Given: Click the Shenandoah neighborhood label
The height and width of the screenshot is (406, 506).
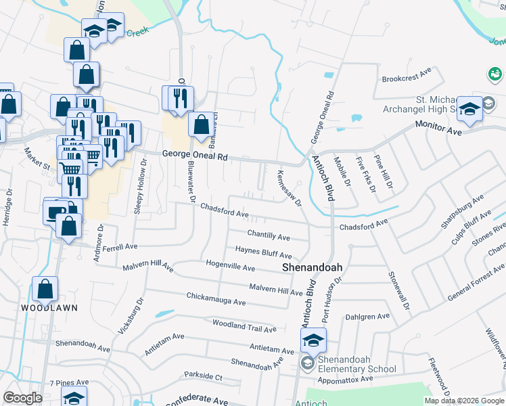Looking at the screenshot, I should tap(312, 267).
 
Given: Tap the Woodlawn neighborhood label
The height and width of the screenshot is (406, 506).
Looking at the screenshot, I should tap(49, 307).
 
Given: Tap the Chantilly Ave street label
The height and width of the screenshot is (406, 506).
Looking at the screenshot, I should tap(268, 237).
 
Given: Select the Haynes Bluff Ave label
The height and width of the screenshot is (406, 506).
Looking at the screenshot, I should tap(263, 252).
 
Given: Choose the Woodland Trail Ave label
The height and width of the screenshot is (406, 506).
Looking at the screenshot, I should tap(244, 327).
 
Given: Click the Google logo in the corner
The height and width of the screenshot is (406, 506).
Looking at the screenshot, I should tap(22, 398).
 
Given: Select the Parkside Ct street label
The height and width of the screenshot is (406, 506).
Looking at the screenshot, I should tap(203, 376).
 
